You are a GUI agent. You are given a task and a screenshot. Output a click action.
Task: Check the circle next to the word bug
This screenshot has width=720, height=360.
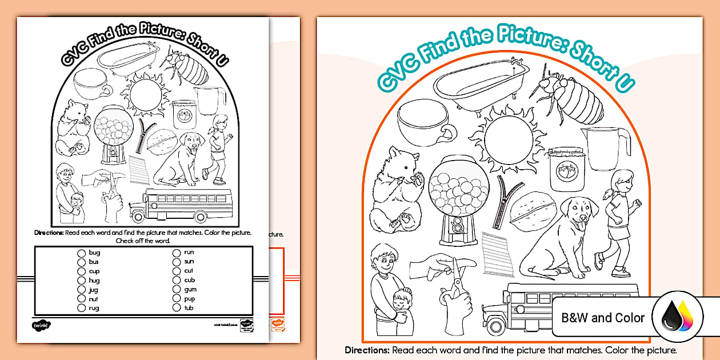[x=82, y=253]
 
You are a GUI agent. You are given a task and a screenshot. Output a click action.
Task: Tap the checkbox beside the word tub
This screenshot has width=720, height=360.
[x=177, y=308]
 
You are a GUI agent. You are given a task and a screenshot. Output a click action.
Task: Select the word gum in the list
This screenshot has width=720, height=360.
[x=190, y=290]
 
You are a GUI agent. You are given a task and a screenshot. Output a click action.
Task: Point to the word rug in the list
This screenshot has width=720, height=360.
[x=94, y=308]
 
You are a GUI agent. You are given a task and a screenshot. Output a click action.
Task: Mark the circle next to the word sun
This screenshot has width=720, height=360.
[x=177, y=262]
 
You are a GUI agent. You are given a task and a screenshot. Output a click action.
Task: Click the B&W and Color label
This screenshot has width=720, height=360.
[x=603, y=318]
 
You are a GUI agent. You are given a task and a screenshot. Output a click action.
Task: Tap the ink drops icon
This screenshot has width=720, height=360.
[x=677, y=318]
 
